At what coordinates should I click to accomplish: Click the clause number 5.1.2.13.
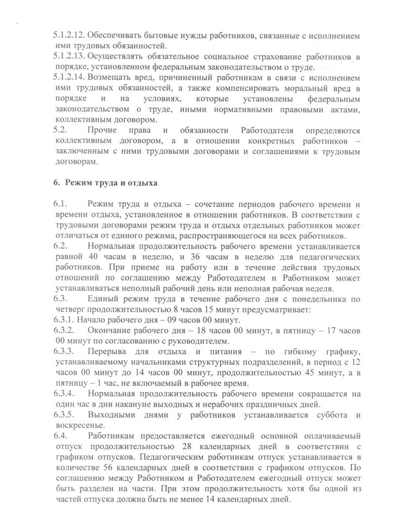click(69, 57)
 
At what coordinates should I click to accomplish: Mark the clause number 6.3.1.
click(64, 320)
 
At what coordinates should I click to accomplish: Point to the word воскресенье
click(77, 425)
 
